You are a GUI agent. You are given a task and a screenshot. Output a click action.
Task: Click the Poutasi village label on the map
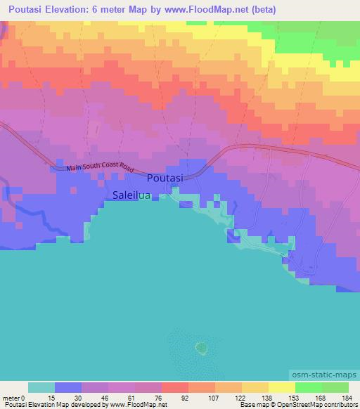(165, 178)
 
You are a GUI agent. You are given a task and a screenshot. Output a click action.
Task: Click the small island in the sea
(201, 347)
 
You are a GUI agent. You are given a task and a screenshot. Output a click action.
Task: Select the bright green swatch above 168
(308, 388)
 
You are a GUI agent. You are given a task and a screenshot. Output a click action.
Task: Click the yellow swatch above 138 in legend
(255, 388)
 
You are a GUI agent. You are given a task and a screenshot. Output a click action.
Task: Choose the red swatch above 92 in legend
(174, 388)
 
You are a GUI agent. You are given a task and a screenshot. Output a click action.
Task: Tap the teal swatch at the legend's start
(41, 388)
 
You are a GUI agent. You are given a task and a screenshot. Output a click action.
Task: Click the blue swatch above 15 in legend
(67, 388)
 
